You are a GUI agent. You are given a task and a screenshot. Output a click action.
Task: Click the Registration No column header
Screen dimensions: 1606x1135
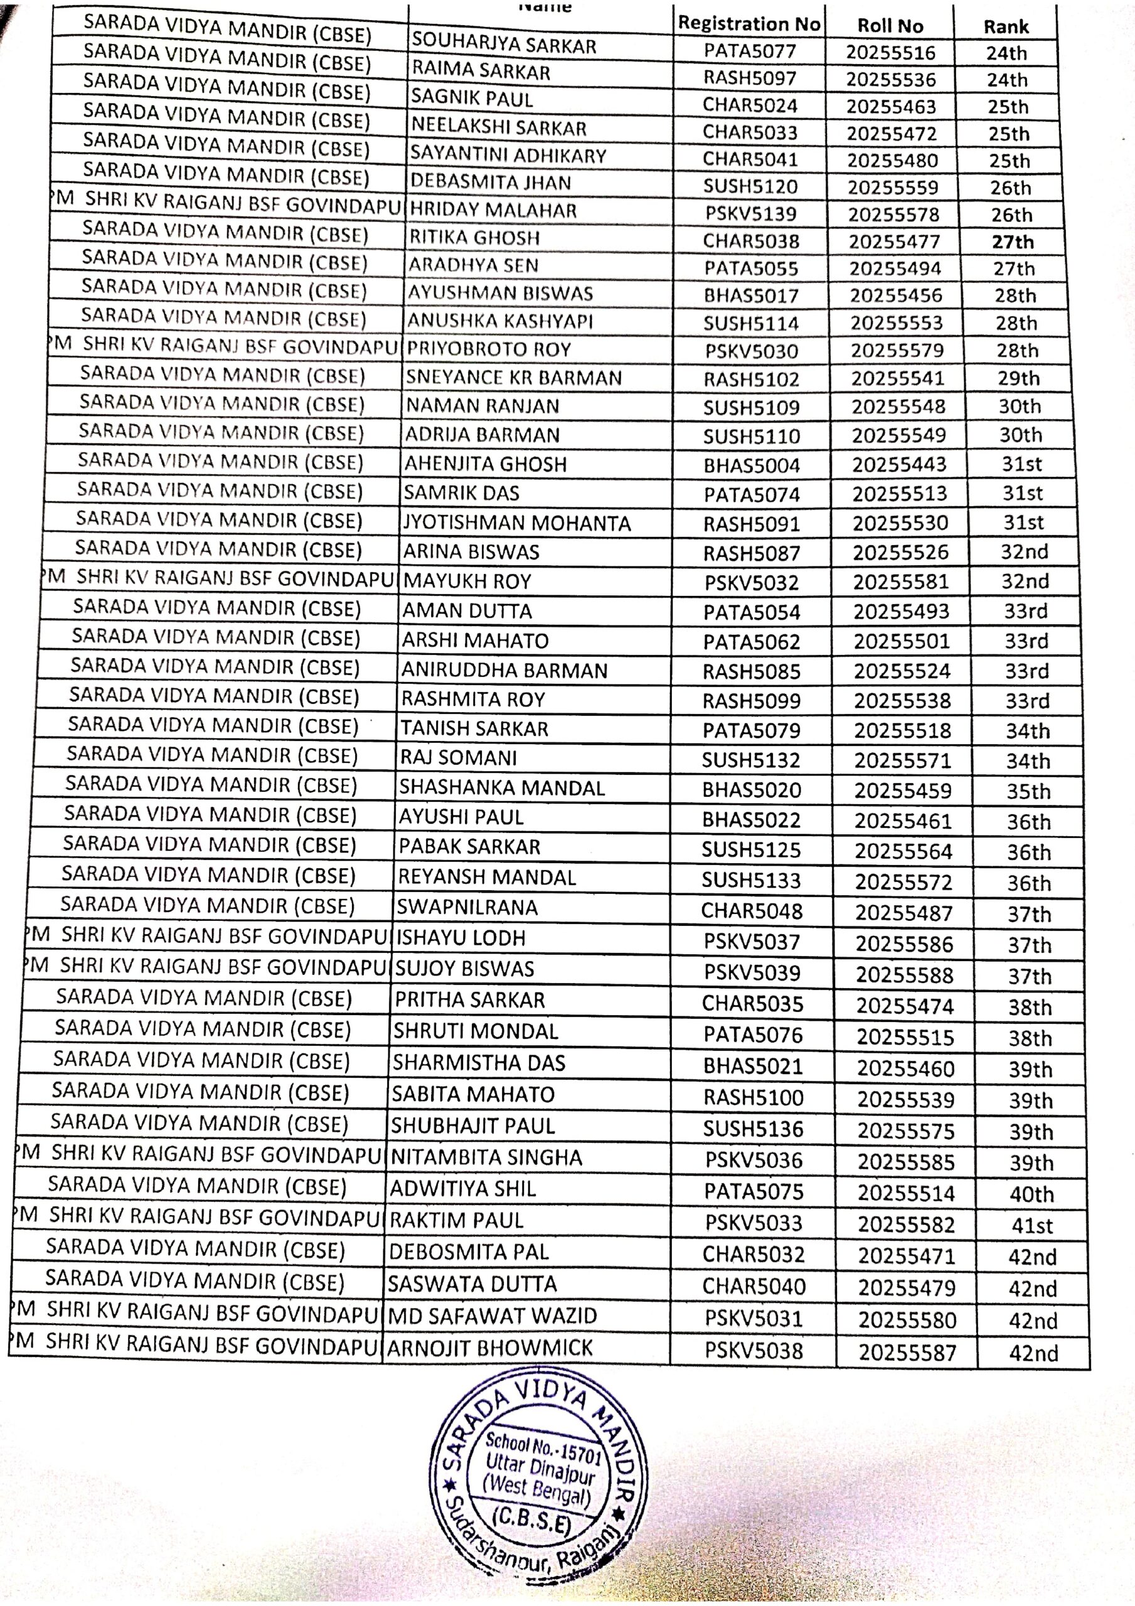tap(748, 24)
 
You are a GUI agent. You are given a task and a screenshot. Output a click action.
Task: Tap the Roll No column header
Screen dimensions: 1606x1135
tap(890, 26)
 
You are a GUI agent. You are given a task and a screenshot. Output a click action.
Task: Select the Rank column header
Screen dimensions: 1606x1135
tap(1006, 27)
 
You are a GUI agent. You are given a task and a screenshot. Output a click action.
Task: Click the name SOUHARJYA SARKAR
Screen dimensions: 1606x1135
tap(503, 44)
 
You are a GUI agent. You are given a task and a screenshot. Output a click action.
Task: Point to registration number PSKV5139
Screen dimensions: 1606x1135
tap(750, 214)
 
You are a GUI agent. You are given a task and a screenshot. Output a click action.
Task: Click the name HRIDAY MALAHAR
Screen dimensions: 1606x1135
tap(493, 210)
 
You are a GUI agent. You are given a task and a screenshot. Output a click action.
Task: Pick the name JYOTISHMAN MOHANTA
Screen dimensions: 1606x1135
tap(517, 523)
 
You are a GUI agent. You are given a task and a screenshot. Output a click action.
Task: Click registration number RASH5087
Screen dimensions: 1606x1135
tap(752, 553)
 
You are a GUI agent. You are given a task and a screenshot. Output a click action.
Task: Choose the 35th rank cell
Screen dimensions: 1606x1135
tap(1028, 791)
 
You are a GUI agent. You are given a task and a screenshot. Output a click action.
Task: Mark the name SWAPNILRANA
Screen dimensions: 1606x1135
tap(467, 907)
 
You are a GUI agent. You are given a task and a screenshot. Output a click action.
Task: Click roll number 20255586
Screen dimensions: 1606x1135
tap(904, 944)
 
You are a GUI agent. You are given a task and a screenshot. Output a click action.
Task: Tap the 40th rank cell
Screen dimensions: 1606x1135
tap(1031, 1193)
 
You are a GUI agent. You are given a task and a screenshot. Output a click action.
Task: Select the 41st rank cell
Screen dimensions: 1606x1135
tap(1031, 1225)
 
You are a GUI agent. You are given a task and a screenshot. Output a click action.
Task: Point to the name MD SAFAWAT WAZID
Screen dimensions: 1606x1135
tap(492, 1316)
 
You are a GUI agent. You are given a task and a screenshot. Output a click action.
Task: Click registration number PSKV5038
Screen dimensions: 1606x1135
tap(754, 1349)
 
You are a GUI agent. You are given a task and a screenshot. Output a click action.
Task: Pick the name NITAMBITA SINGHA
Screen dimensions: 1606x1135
tap(486, 1157)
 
